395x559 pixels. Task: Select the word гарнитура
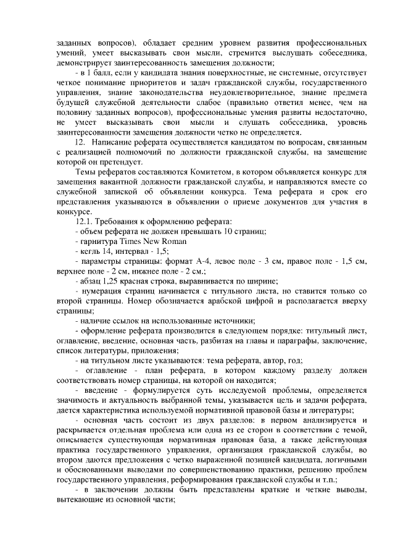96,242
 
